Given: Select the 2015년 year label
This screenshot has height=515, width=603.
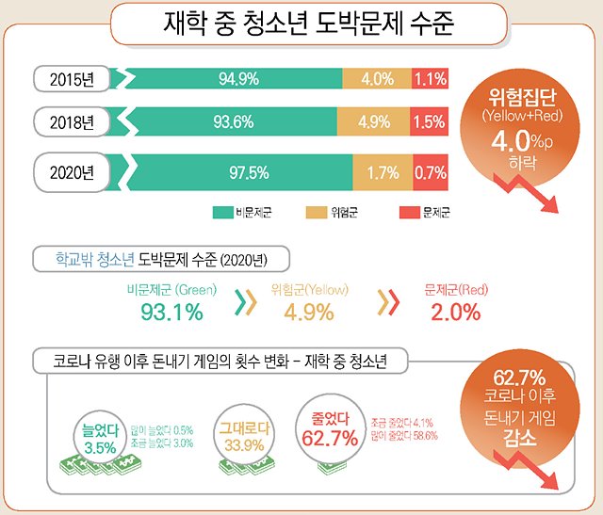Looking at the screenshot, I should coord(73,78).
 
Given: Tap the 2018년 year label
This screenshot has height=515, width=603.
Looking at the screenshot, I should coord(73,121).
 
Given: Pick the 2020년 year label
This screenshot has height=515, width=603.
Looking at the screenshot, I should coord(73,172).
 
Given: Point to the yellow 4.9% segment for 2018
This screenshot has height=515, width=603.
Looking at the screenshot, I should coord(374,121).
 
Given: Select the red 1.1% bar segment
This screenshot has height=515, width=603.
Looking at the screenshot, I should coord(430,78).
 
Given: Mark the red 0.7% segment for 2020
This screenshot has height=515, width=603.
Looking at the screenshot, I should coord(431,172).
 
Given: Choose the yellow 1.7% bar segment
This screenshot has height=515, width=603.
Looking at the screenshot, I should coord(383,172).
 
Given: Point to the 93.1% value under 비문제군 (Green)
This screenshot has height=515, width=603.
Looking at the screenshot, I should coord(171,312).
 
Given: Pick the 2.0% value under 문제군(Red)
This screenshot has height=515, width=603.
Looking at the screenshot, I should coord(455,312).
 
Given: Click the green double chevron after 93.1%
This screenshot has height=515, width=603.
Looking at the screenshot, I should coord(246,303).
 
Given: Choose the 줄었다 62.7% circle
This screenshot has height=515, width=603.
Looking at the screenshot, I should coord(329,426).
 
